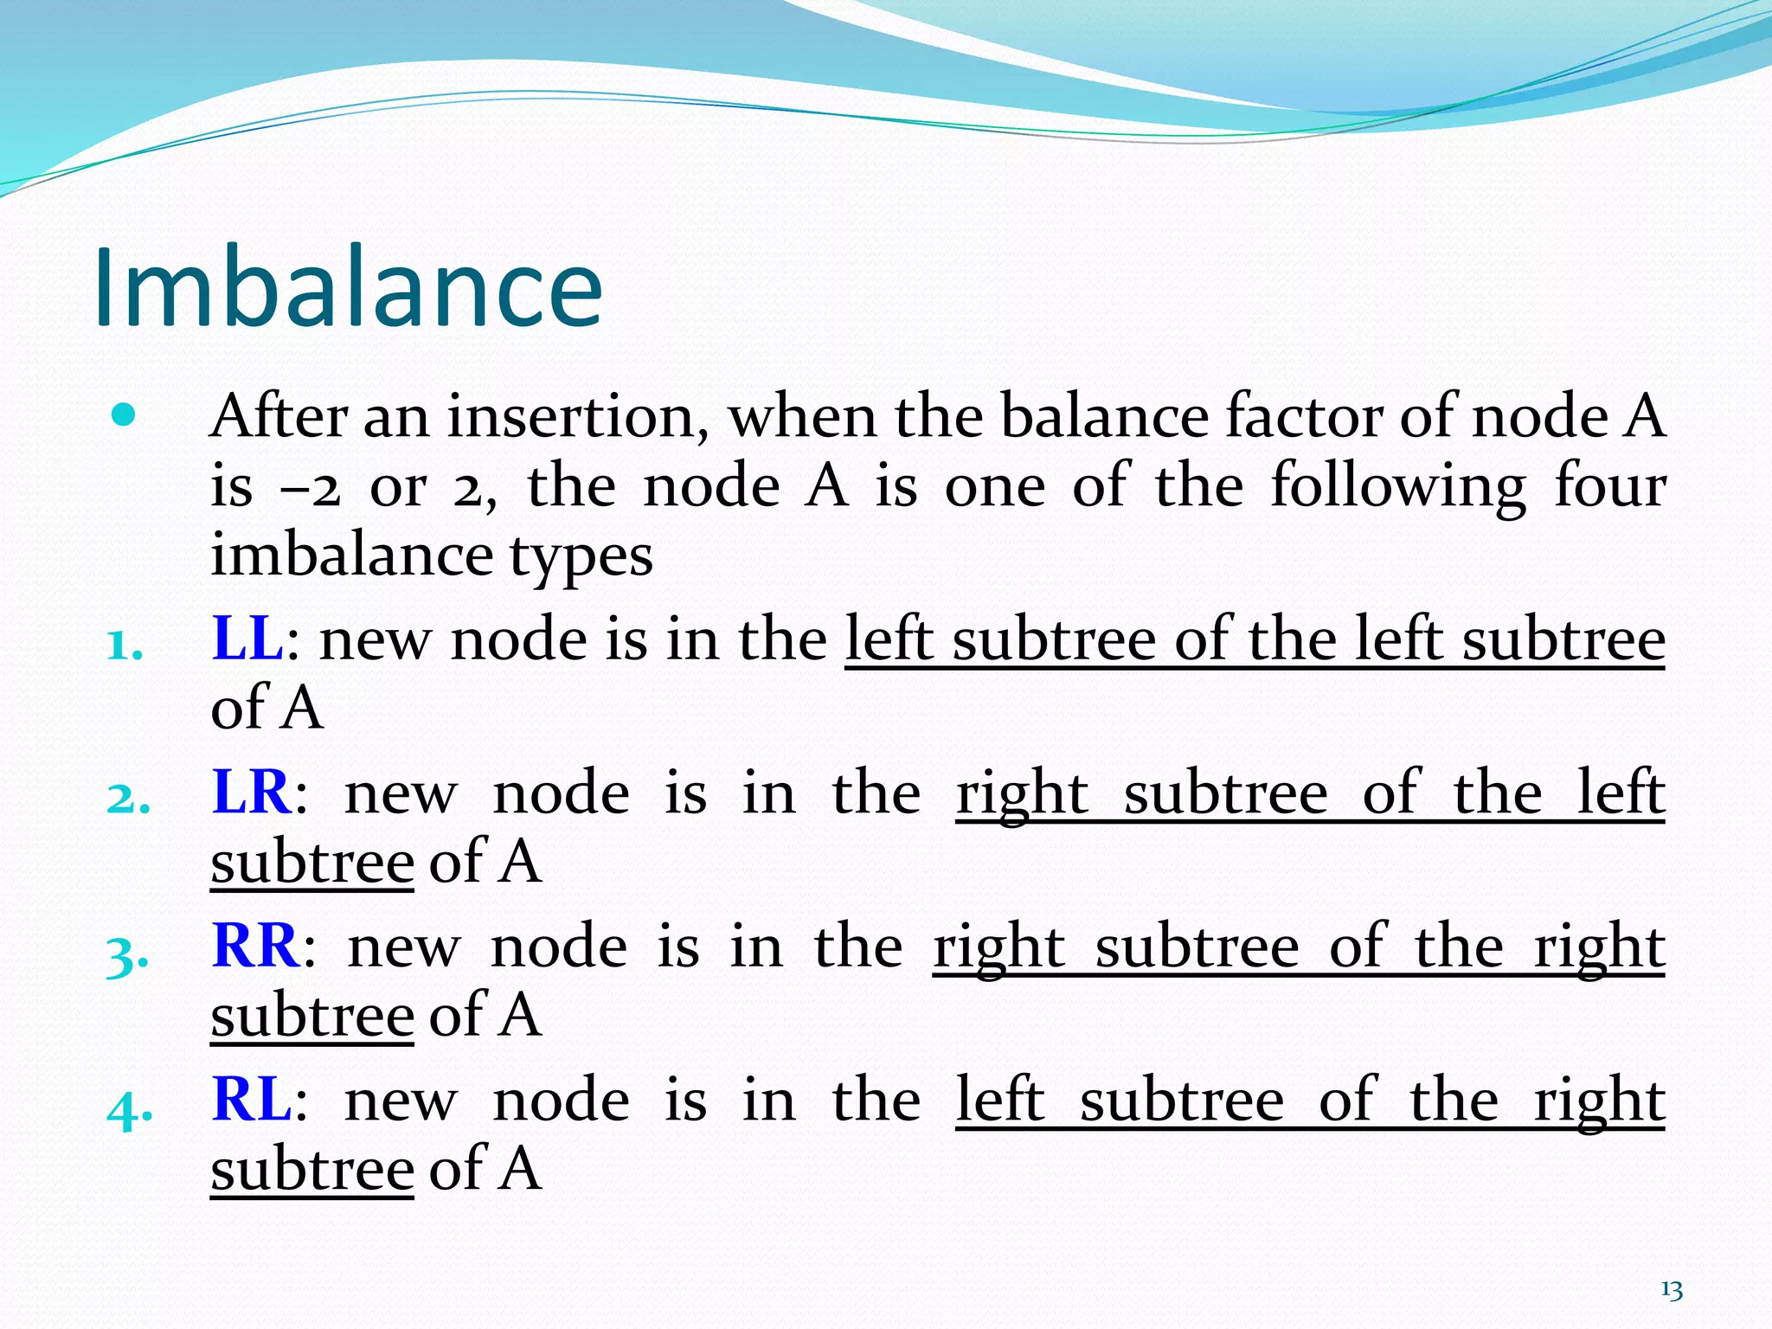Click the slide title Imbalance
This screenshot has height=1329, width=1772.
click(348, 287)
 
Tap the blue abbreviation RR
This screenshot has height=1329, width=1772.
click(256, 946)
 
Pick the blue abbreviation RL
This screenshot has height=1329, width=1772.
click(251, 1100)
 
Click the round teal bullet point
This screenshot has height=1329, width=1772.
click(125, 416)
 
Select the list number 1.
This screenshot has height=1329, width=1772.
click(124, 645)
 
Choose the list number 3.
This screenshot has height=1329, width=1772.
click(127, 956)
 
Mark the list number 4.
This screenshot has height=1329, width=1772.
click(129, 1108)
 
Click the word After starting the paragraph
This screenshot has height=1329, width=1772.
click(279, 417)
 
